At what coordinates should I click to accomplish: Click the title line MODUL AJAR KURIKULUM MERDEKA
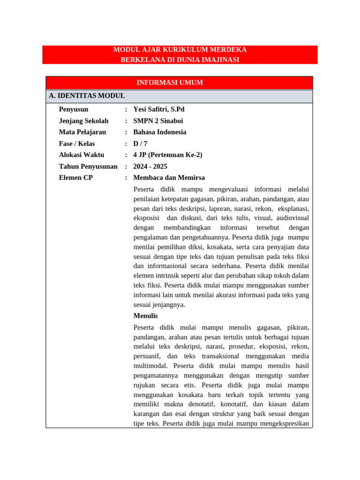click(x=180, y=50)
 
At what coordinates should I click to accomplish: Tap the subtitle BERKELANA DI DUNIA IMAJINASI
click(x=180, y=60)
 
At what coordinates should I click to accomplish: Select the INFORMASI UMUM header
click(x=170, y=82)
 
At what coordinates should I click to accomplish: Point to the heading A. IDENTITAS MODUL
click(x=87, y=96)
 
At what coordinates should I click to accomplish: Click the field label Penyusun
click(x=74, y=109)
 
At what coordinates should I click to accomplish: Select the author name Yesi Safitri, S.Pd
click(x=159, y=109)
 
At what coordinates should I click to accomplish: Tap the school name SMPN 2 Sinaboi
click(x=158, y=121)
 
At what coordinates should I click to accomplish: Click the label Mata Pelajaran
click(x=82, y=132)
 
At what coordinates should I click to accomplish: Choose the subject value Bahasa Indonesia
click(x=160, y=132)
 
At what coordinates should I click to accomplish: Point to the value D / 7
click(x=140, y=144)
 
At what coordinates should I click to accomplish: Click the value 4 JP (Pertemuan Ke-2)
click(x=168, y=155)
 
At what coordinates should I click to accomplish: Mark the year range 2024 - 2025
click(x=150, y=166)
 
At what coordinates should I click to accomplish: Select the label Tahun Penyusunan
click(x=88, y=166)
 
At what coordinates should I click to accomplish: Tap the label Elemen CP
click(x=76, y=178)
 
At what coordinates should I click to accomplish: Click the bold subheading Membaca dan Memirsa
click(x=169, y=178)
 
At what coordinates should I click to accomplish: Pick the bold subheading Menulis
click(x=146, y=316)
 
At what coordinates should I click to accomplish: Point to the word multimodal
click(x=151, y=366)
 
